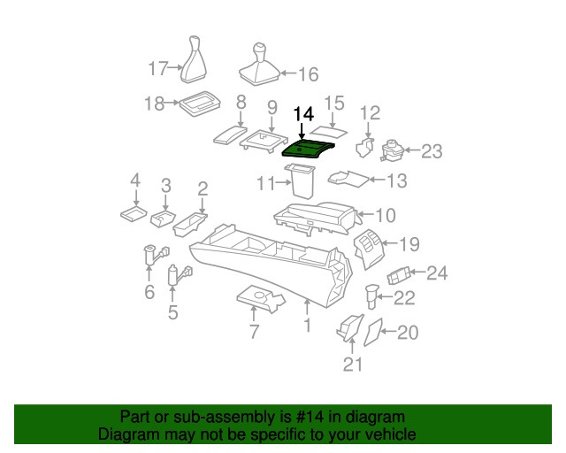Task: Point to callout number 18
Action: point(155,104)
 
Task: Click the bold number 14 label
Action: point(303,114)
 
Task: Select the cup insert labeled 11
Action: point(303,183)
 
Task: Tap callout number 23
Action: point(431,151)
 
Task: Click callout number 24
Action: point(438,273)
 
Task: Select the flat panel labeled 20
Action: point(373,332)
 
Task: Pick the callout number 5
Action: point(172,312)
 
